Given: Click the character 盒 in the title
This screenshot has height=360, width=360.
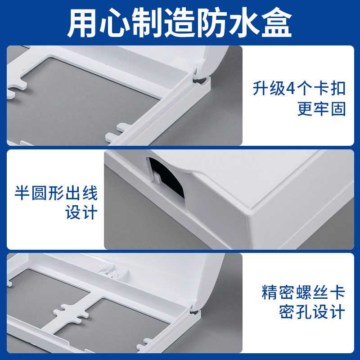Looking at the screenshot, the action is pos(277,22).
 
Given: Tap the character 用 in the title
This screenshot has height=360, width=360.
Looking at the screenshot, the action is pos(82,22).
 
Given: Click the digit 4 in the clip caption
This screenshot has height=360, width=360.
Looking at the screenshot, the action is pos(291,89).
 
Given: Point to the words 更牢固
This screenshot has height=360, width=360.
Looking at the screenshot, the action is pos(321,109).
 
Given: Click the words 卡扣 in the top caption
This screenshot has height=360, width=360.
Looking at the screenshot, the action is pos(330,89).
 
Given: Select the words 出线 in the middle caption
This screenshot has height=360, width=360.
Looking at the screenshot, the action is pos(81,193).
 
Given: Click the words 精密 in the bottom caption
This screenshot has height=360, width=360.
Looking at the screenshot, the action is pos(278,292).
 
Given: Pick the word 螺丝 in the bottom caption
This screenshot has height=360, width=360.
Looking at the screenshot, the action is pos(312,292).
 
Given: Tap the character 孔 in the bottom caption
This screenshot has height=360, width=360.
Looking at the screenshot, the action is pos(304,312).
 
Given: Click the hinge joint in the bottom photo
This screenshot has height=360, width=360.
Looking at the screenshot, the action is pos(195,309).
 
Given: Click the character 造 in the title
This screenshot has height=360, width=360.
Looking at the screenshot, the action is pos(179,22).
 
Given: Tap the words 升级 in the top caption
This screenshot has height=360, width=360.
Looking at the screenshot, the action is pos(269,89).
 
